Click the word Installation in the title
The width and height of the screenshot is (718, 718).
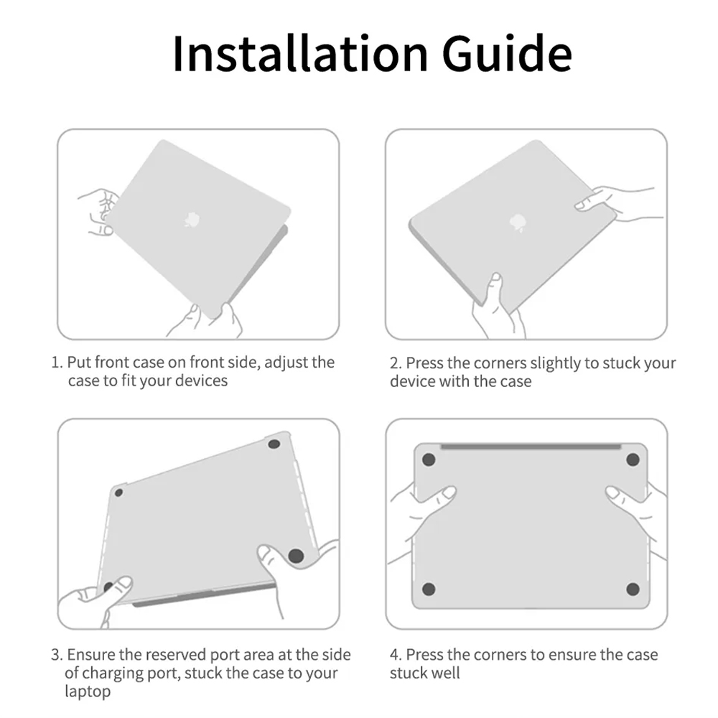(x=300, y=53)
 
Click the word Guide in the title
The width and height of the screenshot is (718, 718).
(x=507, y=53)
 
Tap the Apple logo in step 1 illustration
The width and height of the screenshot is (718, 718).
(x=192, y=219)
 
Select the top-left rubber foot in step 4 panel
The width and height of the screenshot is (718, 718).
(x=429, y=460)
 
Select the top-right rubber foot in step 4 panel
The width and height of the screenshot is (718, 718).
(x=633, y=460)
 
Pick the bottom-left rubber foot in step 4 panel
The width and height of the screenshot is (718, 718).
(x=429, y=589)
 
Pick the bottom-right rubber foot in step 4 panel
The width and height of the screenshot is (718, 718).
(x=633, y=589)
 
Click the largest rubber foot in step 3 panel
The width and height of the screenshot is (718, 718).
(x=296, y=556)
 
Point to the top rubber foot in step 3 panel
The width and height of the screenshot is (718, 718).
(x=274, y=444)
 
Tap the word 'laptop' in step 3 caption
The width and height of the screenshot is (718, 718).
(x=88, y=691)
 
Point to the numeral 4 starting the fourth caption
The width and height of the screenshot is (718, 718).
(x=394, y=656)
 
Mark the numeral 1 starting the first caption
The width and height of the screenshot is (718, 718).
(x=55, y=363)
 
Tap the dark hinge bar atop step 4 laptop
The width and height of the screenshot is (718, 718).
(x=531, y=447)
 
